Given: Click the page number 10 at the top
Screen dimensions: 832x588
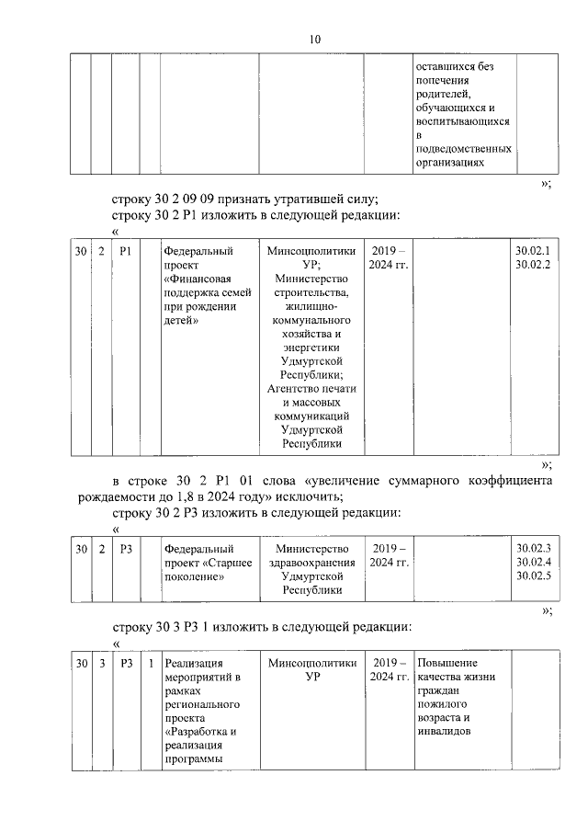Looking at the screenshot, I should pos(315,39).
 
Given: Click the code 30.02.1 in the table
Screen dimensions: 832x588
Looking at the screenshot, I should pos(533,251).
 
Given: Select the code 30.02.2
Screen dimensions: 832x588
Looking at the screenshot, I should pos(533,265).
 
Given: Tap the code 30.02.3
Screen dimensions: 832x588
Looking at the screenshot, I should pos(533,548).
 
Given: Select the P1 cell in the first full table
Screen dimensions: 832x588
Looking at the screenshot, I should pos(126,251).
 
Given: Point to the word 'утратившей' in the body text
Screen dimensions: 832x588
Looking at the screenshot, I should pos(309,199).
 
